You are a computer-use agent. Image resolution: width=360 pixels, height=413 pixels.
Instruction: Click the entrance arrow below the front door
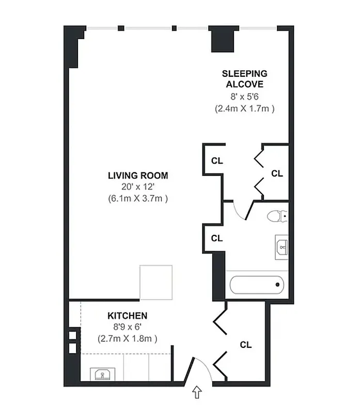(197, 393)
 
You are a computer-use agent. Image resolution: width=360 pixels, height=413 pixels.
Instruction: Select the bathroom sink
(282, 247)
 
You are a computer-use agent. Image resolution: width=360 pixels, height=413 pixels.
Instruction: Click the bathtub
(257, 284)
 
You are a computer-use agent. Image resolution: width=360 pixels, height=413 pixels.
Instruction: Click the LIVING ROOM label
(138, 176)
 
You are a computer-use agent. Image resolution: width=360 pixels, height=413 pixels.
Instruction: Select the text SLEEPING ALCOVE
(244, 79)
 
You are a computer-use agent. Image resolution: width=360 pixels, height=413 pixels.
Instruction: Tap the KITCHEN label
(127, 315)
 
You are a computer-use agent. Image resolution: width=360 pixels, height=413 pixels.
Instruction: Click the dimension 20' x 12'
(138, 187)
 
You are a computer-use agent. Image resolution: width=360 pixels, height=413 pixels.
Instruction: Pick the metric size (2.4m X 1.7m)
(244, 108)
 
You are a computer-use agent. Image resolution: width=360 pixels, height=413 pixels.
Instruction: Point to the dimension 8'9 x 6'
(127, 327)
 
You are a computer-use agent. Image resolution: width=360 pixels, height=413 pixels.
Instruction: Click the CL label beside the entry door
(246, 345)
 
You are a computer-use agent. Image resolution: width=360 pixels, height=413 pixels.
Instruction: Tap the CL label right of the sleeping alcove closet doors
(277, 173)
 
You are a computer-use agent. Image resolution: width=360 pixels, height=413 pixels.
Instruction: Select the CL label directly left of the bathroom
(217, 239)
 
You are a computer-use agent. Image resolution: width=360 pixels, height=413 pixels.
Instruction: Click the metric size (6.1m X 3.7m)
(138, 198)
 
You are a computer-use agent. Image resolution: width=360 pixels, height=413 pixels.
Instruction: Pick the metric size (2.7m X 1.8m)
(127, 339)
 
